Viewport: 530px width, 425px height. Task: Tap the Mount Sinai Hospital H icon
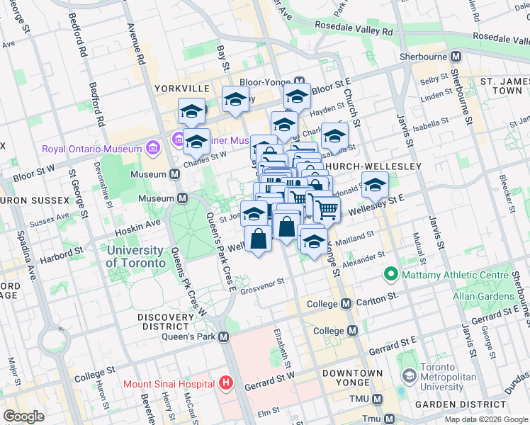[226, 384]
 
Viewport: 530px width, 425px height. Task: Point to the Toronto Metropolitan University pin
[409, 375]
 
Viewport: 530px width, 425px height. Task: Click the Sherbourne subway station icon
[456, 55]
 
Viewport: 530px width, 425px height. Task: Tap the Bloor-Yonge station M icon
[300, 81]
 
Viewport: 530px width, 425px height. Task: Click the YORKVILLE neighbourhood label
[183, 88]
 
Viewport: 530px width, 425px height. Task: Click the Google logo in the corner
[23, 416]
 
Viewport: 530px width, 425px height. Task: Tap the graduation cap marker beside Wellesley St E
[375, 185]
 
